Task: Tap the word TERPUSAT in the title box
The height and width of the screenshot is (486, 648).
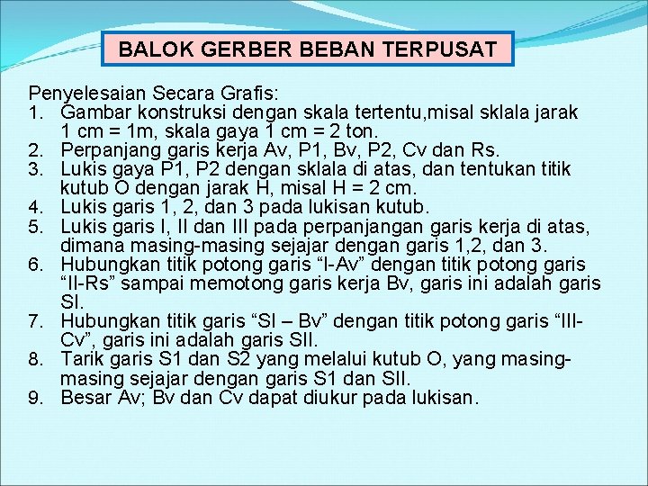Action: pos(442,49)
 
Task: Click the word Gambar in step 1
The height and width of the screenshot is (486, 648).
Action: pos(94,112)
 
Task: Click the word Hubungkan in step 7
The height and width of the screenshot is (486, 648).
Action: pos(104,322)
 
